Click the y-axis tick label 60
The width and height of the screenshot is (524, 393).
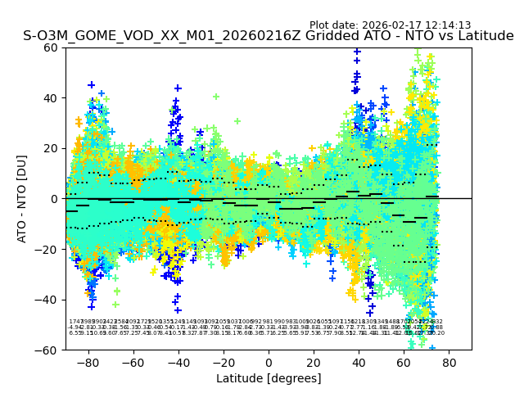(51, 47)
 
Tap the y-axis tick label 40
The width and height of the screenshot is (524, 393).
(51, 98)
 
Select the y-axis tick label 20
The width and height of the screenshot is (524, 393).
(51, 148)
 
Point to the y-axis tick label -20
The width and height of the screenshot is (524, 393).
(47, 249)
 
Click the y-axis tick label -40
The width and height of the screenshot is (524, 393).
(47, 300)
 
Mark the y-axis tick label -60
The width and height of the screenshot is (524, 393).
(47, 350)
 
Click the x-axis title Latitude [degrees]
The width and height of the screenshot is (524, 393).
(269, 378)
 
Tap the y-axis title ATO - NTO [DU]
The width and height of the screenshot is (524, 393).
(22, 199)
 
